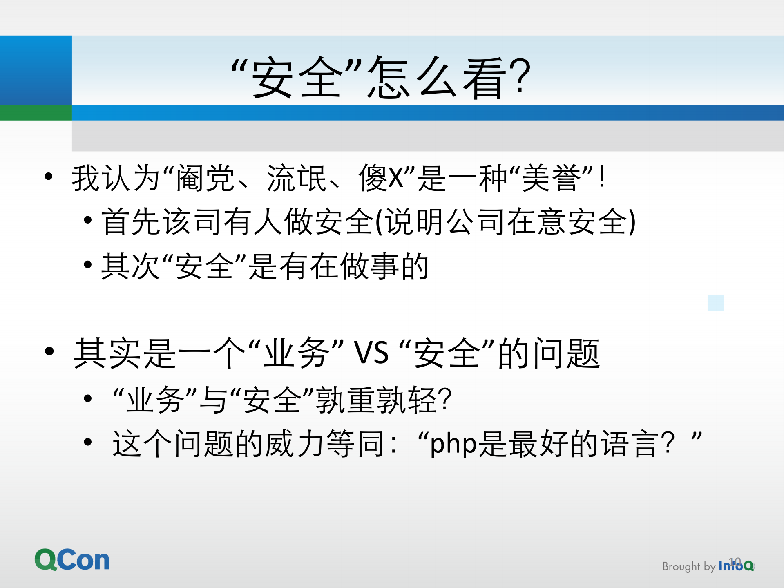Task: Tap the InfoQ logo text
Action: [735, 566]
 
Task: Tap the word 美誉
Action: [552, 178]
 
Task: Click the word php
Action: [453, 444]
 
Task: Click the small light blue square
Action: [715, 303]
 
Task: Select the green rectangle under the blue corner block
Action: [36, 112]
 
